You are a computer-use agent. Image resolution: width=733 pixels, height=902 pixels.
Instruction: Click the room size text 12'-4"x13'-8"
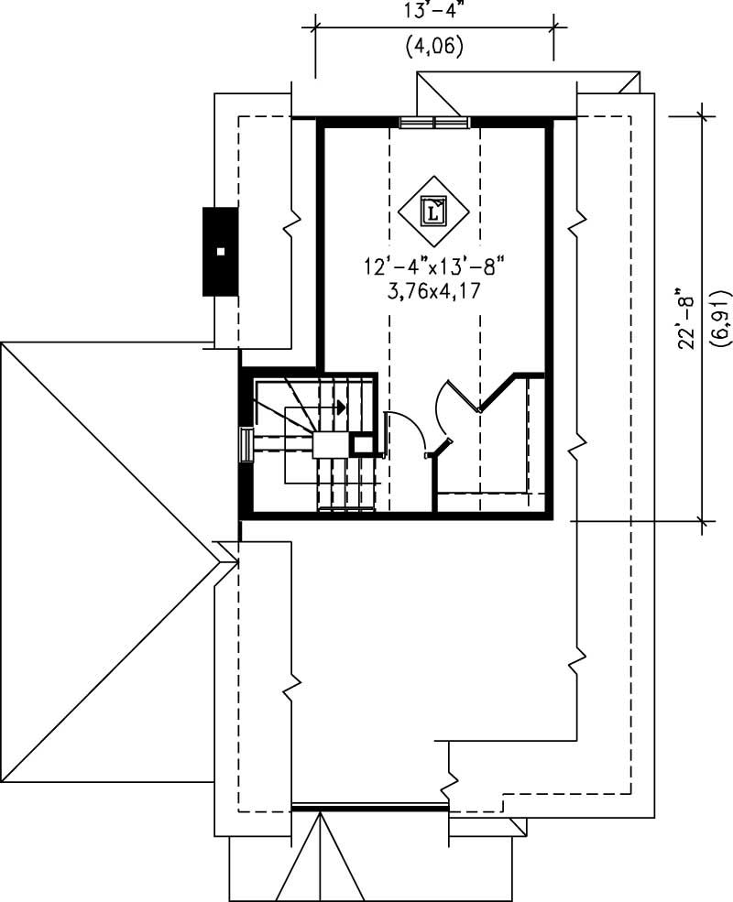coord(434,267)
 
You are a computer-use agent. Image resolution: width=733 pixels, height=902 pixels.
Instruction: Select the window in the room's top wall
coord(434,122)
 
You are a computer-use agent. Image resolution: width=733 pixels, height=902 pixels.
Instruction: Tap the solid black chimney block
coord(220,251)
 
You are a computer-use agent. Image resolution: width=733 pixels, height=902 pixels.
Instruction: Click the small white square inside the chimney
coord(220,250)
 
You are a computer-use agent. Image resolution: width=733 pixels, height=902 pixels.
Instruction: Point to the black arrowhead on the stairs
coord(340,406)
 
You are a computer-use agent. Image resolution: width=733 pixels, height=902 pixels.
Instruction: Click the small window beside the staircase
coord(246,445)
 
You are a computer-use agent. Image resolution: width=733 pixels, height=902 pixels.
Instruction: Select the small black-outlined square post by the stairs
coord(363,445)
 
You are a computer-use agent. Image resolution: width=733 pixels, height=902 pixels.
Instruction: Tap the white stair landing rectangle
coord(331,445)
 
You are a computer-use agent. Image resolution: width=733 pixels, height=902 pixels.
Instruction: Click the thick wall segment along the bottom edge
coord(369,808)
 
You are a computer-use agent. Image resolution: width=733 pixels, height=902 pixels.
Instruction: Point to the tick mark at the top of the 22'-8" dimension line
coord(704,115)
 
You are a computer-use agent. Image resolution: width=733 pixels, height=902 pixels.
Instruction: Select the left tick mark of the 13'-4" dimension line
coord(316,27)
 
